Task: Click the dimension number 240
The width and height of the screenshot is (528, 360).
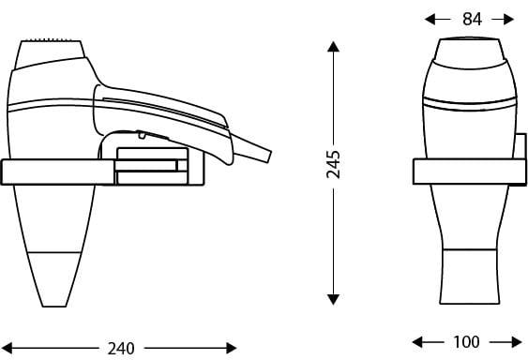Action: click(x=121, y=349)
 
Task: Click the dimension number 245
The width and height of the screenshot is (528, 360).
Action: click(x=333, y=165)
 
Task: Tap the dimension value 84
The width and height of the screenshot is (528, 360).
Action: click(x=472, y=19)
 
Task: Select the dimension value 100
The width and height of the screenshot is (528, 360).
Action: click(x=466, y=342)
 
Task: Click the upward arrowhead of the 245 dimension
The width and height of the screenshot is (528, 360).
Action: click(x=333, y=47)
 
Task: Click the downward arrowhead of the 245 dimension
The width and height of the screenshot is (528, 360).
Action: click(x=333, y=299)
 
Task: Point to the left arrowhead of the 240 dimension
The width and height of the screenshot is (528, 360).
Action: click(x=7, y=348)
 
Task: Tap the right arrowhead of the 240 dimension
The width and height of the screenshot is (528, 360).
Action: click(x=232, y=348)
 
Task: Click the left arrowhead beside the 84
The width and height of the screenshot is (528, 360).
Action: click(x=430, y=19)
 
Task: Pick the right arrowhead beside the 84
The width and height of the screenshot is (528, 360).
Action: click(x=508, y=19)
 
